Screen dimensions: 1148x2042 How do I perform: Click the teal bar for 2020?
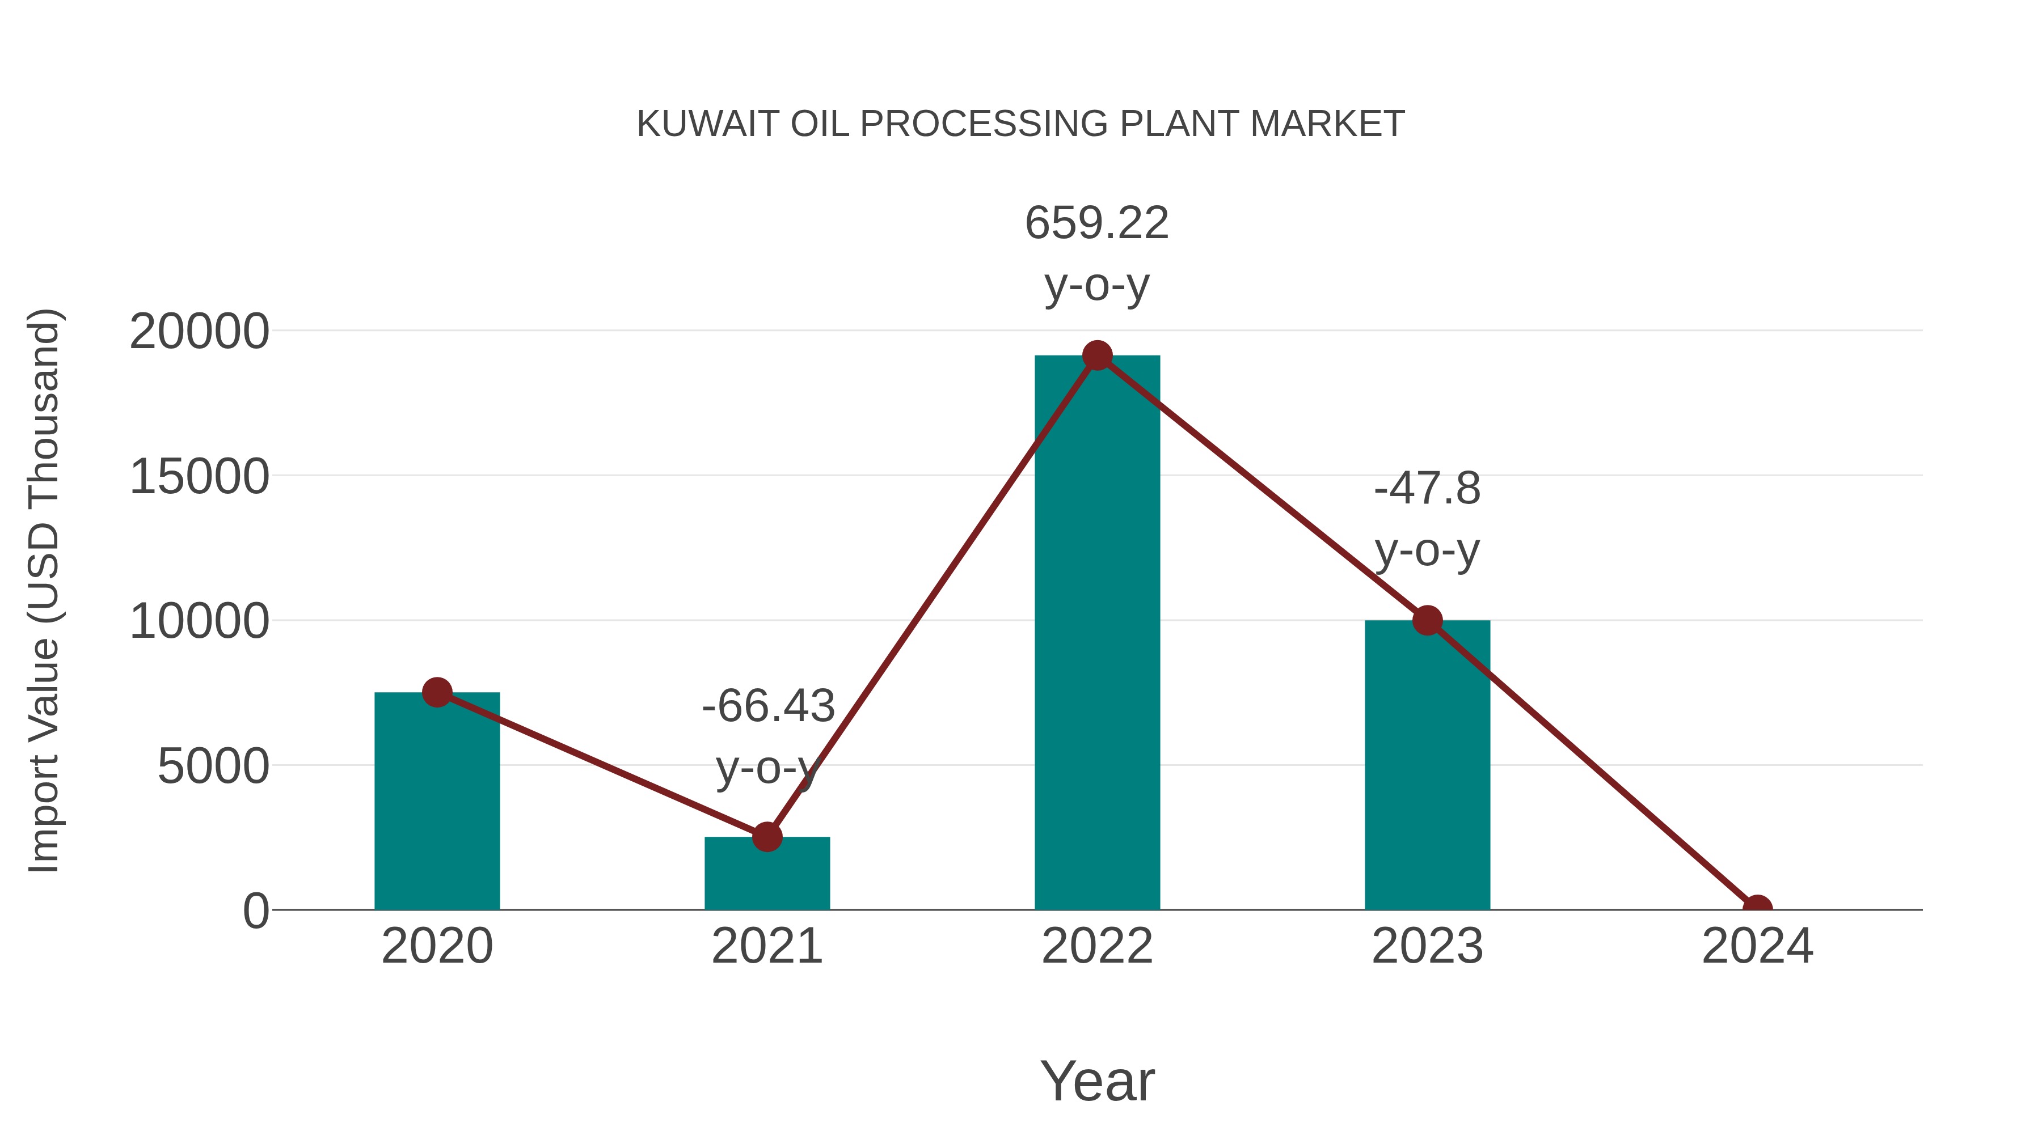click(x=437, y=800)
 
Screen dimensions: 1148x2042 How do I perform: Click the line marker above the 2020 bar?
click(x=437, y=692)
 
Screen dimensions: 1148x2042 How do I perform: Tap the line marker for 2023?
click(x=1427, y=620)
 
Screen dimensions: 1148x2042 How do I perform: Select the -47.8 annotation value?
click(x=1427, y=488)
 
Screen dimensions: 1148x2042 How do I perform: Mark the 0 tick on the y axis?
click(x=256, y=910)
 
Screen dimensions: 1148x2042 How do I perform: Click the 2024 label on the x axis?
click(x=1757, y=946)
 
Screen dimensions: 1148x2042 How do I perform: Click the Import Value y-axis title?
click(x=44, y=590)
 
